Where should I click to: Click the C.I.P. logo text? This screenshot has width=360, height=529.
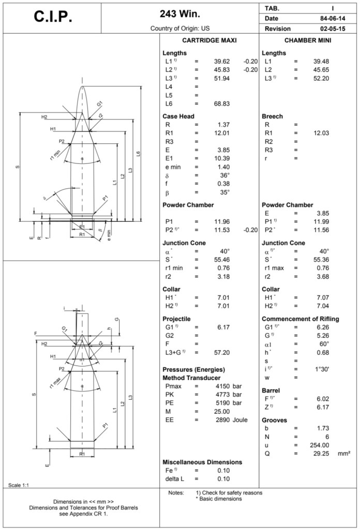pos(53,17)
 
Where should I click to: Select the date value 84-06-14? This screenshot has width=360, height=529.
pos(332,19)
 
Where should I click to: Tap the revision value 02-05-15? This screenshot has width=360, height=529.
pos(332,28)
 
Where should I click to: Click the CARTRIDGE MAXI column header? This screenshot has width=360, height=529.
pos(210,40)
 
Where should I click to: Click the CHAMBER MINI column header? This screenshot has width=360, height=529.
pos(308,40)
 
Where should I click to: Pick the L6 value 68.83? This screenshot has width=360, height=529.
pos(221,104)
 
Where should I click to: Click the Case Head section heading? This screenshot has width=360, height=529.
pos(178,116)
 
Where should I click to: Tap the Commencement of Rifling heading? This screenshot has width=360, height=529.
pos(300,319)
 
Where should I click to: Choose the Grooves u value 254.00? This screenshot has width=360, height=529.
pos(319,445)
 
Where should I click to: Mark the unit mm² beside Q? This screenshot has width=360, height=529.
pos(344,454)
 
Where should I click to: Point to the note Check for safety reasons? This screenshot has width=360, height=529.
pos(229,493)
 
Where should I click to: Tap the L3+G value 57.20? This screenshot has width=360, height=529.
pos(221,352)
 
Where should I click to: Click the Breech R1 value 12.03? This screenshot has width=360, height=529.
pos(321,133)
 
